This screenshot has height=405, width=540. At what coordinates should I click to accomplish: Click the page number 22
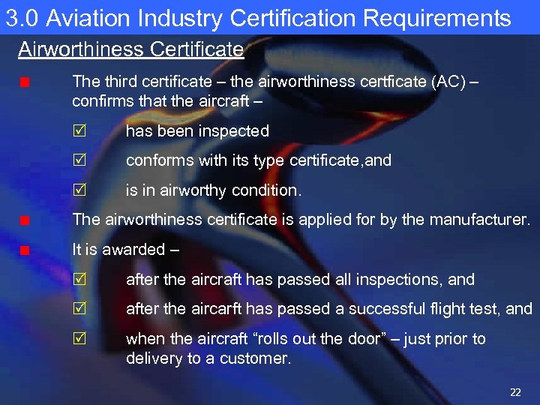[514, 392]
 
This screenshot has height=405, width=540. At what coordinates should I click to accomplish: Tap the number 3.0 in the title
[21, 17]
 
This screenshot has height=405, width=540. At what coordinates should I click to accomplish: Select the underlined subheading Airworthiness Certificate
[130, 50]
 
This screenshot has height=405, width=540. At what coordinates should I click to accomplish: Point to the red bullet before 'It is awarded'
[25, 250]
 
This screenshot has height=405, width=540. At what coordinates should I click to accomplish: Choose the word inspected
[234, 131]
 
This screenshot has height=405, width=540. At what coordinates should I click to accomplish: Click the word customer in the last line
[256, 358]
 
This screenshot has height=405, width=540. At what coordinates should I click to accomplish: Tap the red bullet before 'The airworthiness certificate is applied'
[25, 220]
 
